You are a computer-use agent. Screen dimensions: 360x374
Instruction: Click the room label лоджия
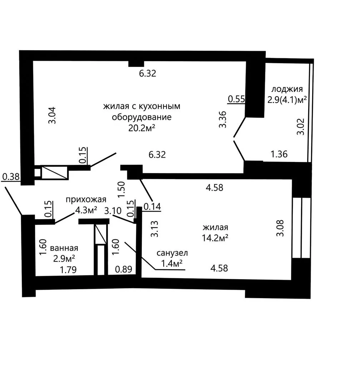click(x=287, y=89)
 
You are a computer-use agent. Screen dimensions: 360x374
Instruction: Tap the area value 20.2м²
click(x=142, y=128)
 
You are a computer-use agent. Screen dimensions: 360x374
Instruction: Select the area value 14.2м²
click(x=215, y=238)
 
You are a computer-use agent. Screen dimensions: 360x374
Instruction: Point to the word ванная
click(x=64, y=248)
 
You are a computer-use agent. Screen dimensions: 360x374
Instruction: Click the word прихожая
click(x=86, y=200)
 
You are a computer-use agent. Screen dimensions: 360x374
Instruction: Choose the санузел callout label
click(x=172, y=253)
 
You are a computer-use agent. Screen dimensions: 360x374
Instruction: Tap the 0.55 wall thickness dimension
click(x=236, y=99)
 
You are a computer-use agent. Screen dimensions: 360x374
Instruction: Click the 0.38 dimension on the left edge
click(x=11, y=177)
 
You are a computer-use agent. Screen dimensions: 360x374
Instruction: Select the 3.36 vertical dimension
click(x=222, y=119)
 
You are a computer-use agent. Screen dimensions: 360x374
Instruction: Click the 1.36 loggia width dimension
click(x=279, y=154)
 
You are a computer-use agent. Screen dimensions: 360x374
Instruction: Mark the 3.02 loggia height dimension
click(x=301, y=127)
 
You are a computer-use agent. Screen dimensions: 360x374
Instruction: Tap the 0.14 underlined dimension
click(x=152, y=206)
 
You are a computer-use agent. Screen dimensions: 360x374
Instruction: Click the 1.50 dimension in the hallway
click(x=121, y=190)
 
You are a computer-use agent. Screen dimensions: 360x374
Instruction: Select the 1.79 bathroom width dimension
click(x=68, y=270)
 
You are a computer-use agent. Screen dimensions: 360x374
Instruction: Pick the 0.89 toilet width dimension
click(x=124, y=269)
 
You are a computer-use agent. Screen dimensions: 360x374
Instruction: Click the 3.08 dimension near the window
click(x=280, y=228)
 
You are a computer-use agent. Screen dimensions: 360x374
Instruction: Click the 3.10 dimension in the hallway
click(x=113, y=211)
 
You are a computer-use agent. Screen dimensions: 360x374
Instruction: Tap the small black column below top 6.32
click(x=136, y=64)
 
